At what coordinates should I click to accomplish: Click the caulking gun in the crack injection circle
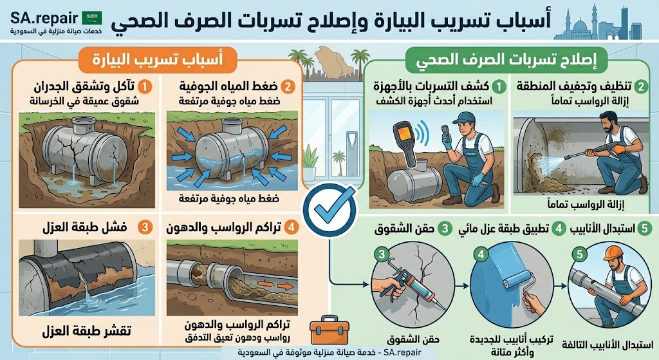(402, 284)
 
